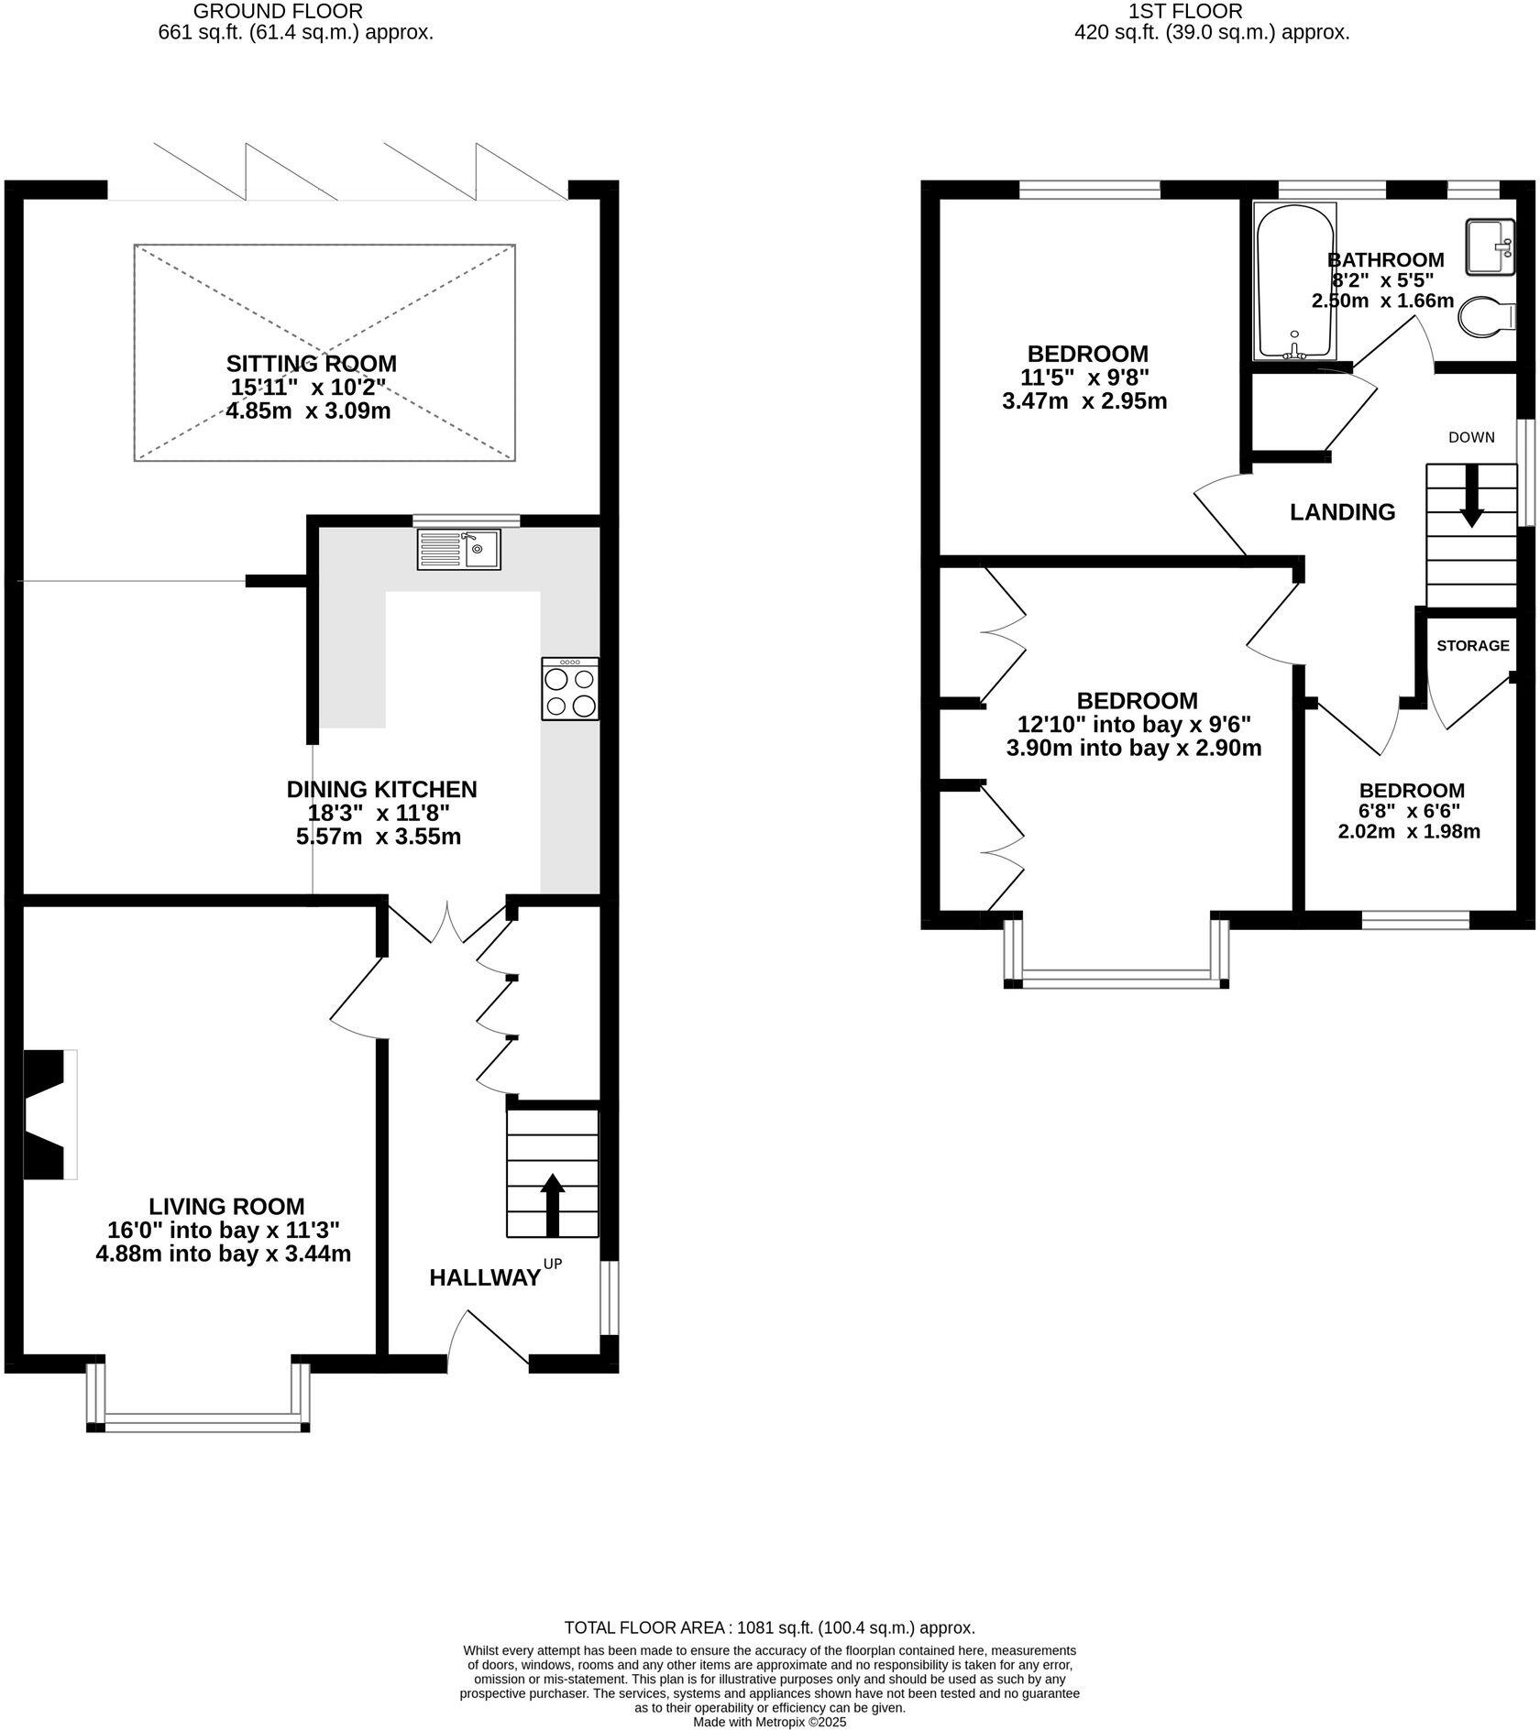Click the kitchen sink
[x=459, y=549]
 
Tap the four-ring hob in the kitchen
[x=570, y=689]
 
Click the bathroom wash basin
[x=1490, y=246]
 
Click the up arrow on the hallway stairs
[x=552, y=1205]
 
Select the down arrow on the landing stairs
[x=1471, y=496]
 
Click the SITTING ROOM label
[x=312, y=364]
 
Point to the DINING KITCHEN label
[x=382, y=789]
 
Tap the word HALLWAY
[x=485, y=1278]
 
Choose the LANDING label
[x=1342, y=512]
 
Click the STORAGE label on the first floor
[x=1473, y=646]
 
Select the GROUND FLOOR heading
[x=279, y=11]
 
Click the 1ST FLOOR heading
[x=1185, y=11]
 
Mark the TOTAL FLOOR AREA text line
[x=770, y=1628]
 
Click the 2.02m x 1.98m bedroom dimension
[x=1409, y=832]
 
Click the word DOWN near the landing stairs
[x=1471, y=437]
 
